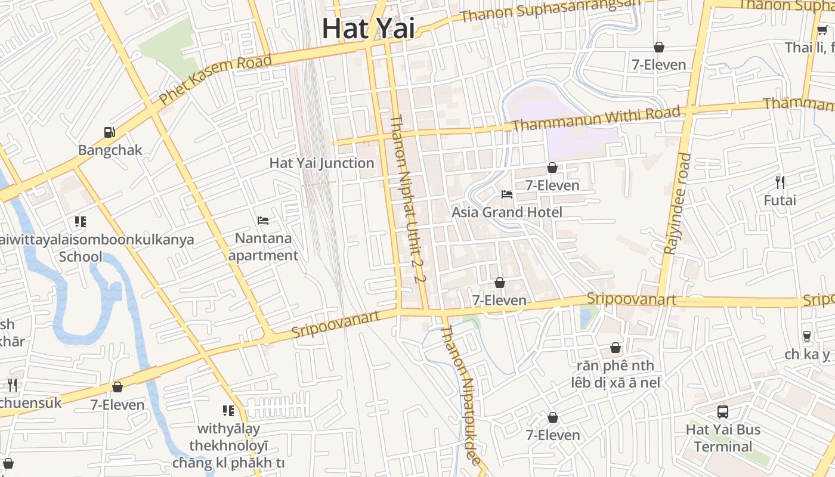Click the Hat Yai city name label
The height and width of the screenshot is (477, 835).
368,28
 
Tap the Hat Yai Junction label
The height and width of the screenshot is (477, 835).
321,163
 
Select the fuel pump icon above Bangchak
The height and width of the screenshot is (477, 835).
110,132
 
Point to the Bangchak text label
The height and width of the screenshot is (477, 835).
110,150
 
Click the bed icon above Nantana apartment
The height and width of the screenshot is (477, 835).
263,221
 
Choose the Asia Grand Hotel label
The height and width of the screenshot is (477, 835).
506,212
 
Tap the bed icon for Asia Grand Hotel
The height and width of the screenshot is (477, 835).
506,194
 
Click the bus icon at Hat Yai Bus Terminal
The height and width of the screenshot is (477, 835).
723,411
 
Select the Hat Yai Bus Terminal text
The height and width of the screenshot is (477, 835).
723,438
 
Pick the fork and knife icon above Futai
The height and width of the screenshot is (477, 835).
780,182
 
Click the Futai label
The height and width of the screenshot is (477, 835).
780,200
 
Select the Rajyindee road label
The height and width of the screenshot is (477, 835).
677,203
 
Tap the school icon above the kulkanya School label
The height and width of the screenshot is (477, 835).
81,222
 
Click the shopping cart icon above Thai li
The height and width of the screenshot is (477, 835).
821,30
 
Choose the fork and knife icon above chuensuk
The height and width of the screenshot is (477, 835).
12,385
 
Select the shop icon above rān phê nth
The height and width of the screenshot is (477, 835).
616,347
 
